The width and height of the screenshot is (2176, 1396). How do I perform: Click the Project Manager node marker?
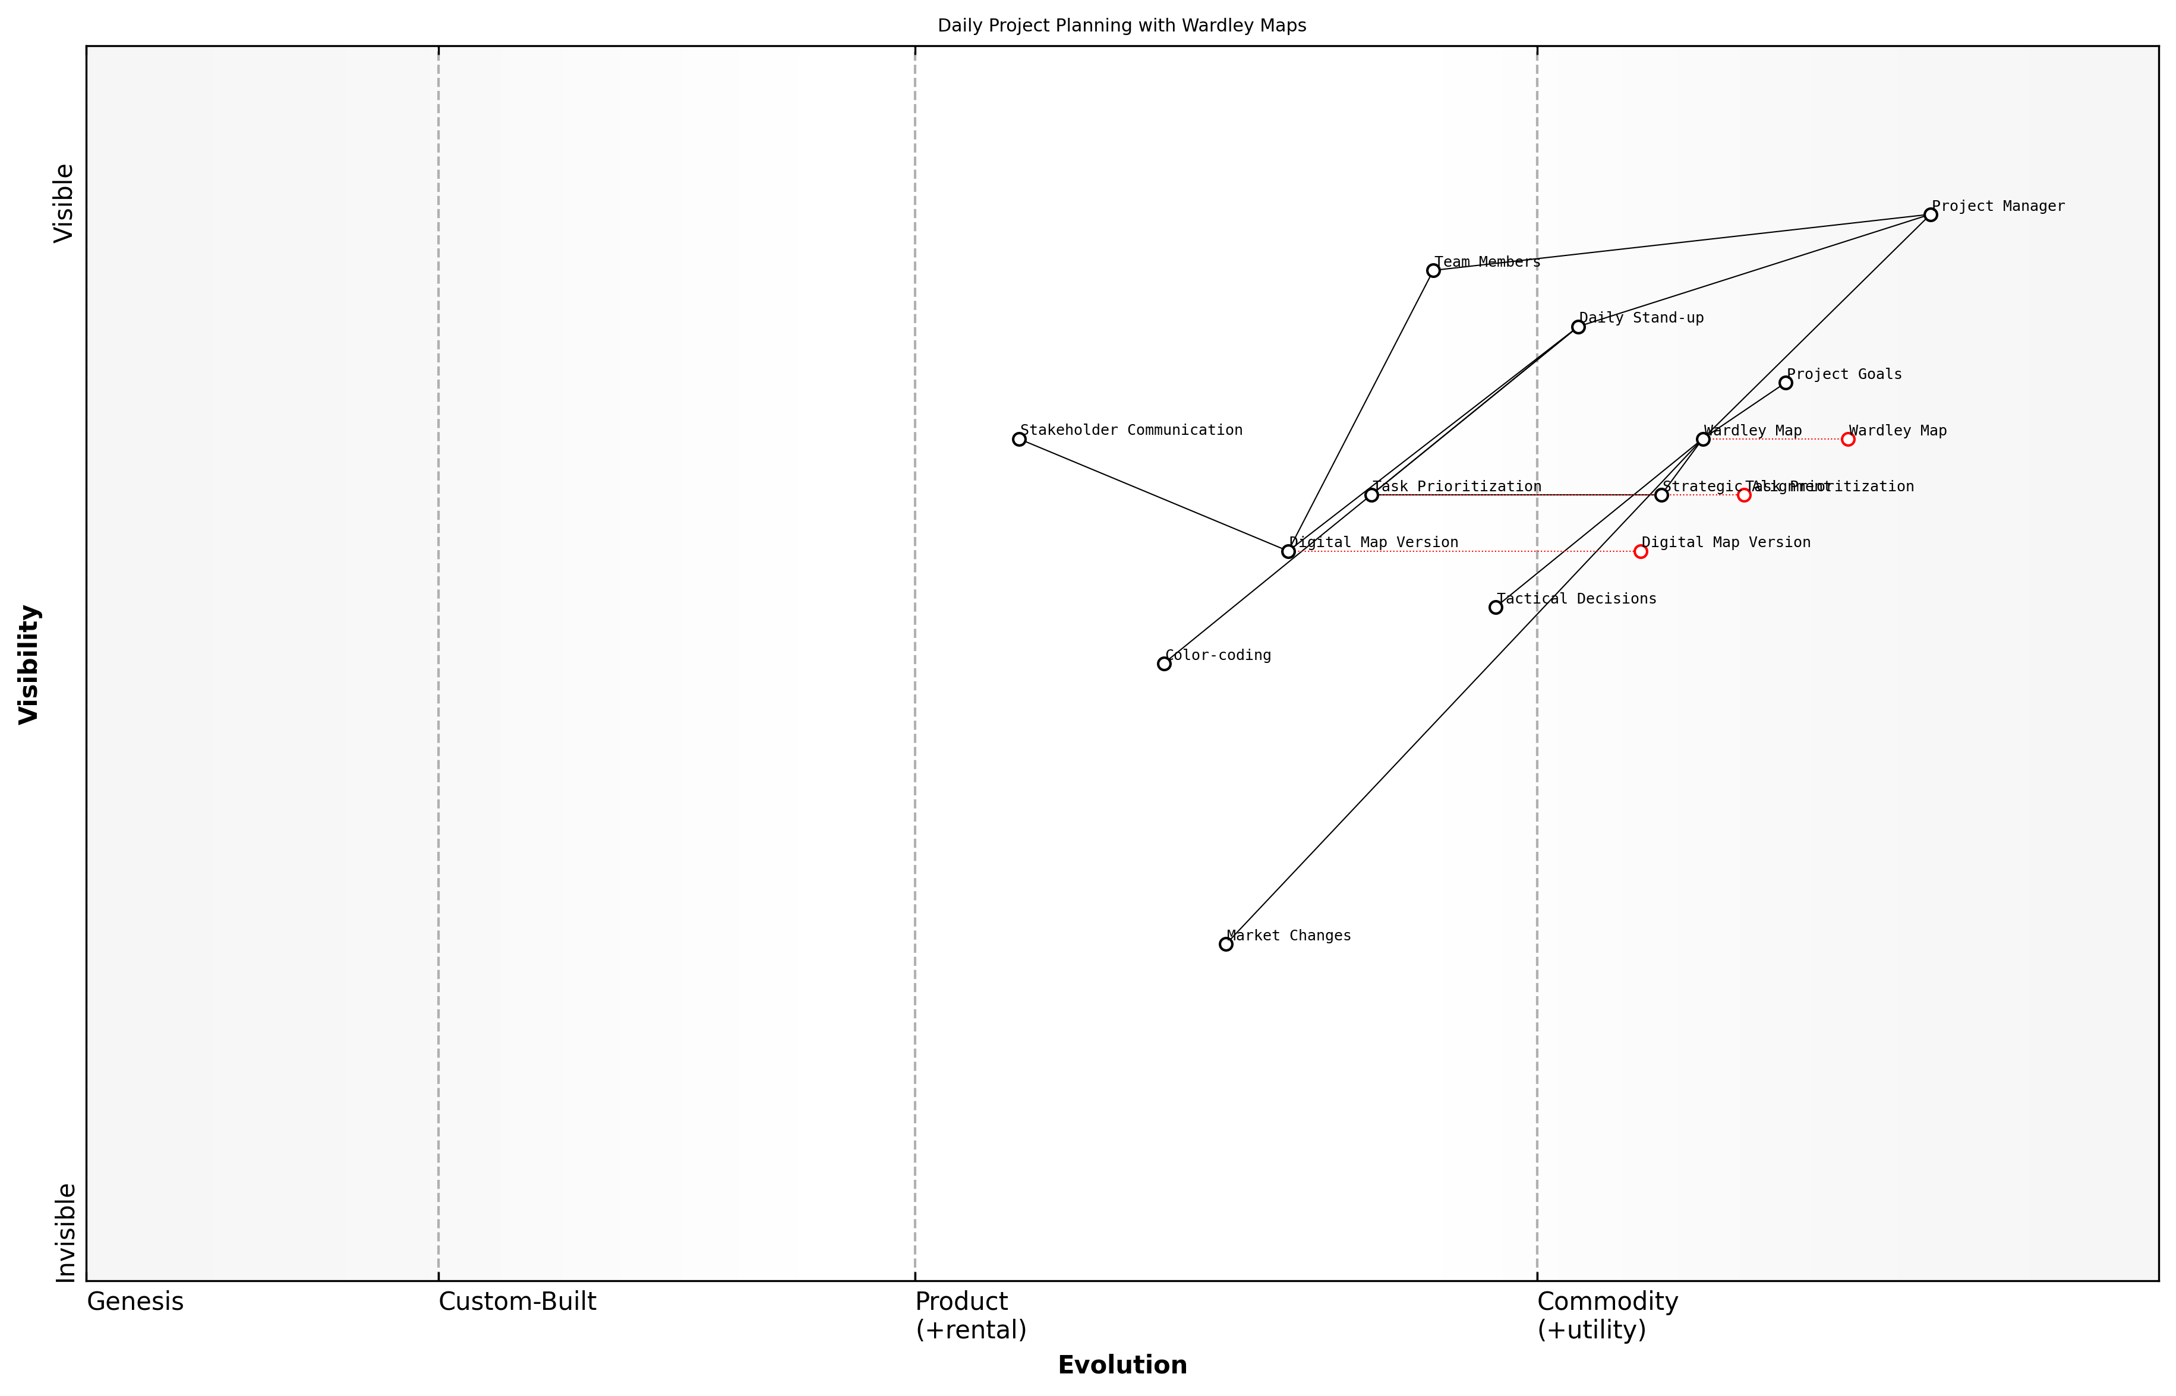pos(1930,215)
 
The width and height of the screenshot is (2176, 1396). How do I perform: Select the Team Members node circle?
pos(1433,270)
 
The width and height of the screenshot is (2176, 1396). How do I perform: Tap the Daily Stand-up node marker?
pos(1578,326)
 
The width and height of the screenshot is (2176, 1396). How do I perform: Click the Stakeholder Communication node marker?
pos(1019,439)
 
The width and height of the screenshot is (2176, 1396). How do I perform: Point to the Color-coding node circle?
pos(1164,664)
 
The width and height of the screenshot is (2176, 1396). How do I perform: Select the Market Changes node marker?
pos(1226,945)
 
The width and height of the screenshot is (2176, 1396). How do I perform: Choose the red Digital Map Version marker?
pos(1640,551)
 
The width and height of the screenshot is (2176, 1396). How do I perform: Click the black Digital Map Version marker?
pos(1288,551)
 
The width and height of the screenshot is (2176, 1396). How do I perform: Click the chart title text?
pos(1121,26)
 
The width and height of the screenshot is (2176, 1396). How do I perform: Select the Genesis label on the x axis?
pos(135,1302)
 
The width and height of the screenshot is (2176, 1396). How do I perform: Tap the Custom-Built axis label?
pos(517,1302)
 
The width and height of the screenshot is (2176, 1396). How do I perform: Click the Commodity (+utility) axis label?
pos(1607,1315)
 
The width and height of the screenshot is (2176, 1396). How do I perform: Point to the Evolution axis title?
pos(1121,1365)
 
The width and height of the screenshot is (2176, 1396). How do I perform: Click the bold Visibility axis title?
pos(29,664)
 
